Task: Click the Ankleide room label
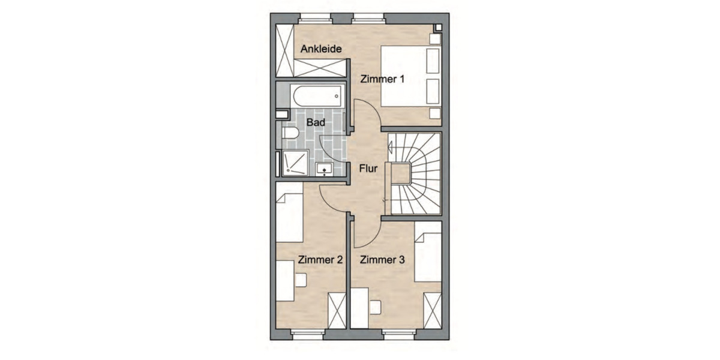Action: point(321,49)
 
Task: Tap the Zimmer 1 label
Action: point(382,79)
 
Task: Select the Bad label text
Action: point(316,122)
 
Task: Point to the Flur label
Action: point(368,169)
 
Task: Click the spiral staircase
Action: point(415,173)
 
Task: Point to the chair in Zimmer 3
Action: point(375,307)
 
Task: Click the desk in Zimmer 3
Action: point(360,307)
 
